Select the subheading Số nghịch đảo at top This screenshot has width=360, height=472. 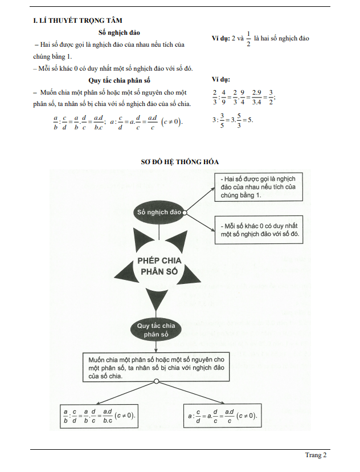[120, 33]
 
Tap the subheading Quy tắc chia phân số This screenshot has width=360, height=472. [119, 80]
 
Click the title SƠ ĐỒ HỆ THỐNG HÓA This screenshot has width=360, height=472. [180, 162]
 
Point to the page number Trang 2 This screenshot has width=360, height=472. [316, 455]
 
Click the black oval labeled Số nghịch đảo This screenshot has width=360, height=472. [159, 212]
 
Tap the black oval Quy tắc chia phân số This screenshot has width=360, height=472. [156, 330]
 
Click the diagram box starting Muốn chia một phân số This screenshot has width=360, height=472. [156, 367]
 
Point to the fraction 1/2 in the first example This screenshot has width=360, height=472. [248, 39]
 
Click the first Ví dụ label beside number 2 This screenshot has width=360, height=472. [220, 39]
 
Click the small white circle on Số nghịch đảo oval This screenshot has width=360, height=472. [185, 212]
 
